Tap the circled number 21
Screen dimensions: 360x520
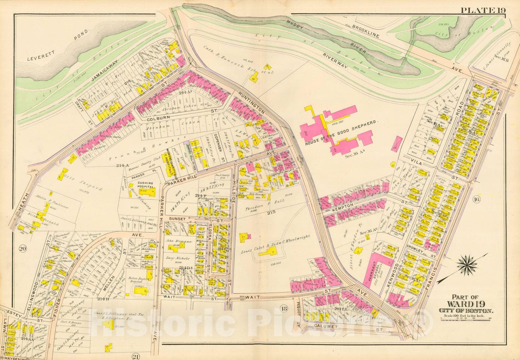coord(136,357)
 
